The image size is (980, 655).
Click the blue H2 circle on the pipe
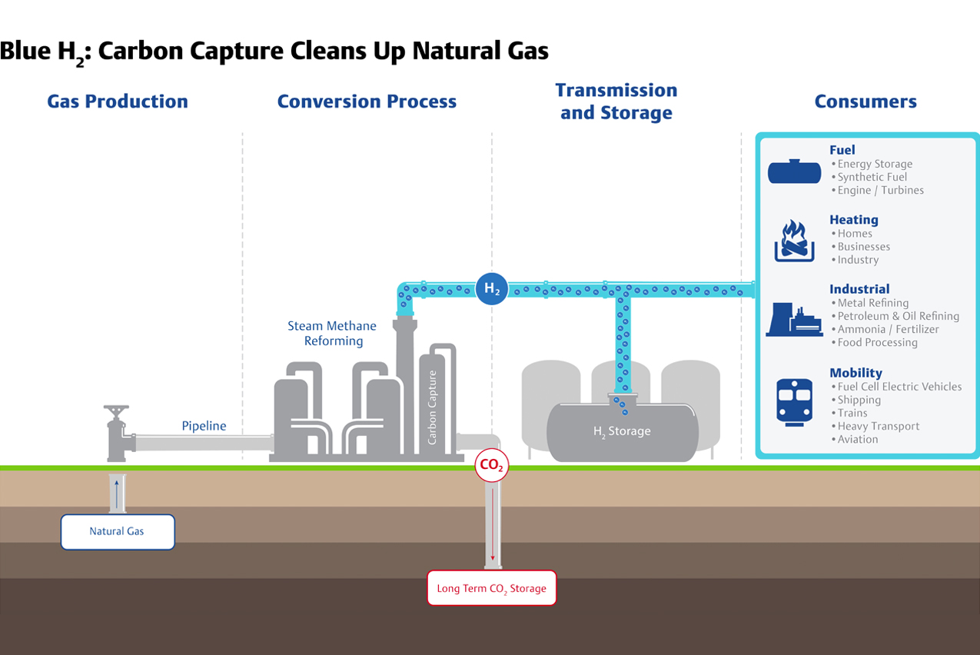pyautogui.click(x=491, y=289)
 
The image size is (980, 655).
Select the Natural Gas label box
pyautogui.click(x=118, y=531)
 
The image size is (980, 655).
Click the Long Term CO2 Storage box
pyautogui.click(x=491, y=588)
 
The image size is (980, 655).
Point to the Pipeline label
pyautogui.click(x=204, y=426)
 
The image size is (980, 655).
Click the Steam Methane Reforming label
pyautogui.click(x=333, y=334)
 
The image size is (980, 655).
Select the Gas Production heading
pyautogui.click(x=118, y=101)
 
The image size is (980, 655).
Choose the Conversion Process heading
pyautogui.click(x=367, y=101)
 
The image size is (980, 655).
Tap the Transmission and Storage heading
pyautogui.click(x=616, y=101)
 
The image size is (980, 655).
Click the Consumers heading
pyautogui.click(x=865, y=101)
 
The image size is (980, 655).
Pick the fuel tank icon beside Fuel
pyautogui.click(x=794, y=171)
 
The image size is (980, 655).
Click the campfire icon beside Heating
pyautogui.click(x=794, y=241)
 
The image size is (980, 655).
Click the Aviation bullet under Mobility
pyautogui.click(x=857, y=439)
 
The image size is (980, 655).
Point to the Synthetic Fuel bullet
pyautogui.click(x=872, y=177)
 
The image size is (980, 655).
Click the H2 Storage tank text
pyautogui.click(x=622, y=431)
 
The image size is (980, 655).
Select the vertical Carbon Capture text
pyautogui.click(x=433, y=407)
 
